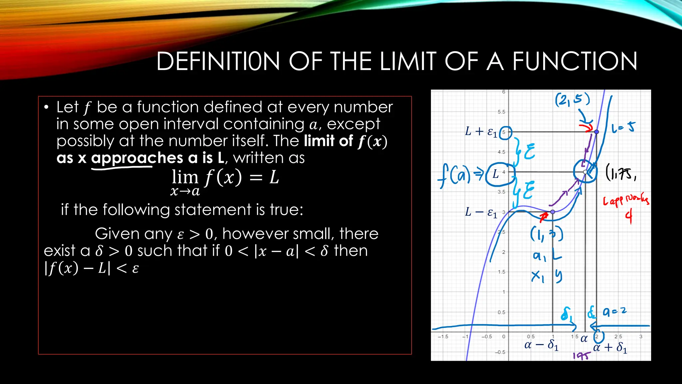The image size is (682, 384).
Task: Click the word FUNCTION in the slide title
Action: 574,61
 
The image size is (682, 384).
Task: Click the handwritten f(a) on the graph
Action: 454,175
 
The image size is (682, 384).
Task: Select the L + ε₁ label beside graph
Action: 481,132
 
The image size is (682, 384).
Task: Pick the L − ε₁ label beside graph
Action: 481,212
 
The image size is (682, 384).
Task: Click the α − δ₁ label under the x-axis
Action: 541,345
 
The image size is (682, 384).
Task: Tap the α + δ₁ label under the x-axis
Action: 610,347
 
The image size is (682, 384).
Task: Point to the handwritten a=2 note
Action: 615,312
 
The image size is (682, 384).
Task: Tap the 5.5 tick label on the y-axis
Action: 501,112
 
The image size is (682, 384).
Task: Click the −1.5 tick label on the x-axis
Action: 443,337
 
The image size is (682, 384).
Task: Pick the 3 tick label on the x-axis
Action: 641,337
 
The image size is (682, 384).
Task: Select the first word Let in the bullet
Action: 67,107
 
